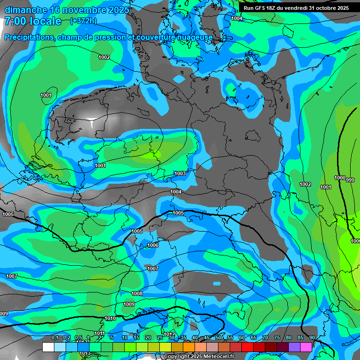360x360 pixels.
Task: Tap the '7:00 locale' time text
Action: pyautogui.click(x=33, y=21)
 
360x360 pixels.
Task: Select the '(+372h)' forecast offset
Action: pyautogui.click(x=83, y=21)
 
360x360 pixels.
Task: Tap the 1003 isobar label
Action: pyautogui.click(x=180, y=173)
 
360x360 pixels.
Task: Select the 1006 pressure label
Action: pyautogui.click(x=153, y=245)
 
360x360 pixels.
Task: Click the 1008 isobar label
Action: pyautogui.click(x=137, y=293)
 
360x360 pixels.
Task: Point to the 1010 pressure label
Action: pyautogui.click(x=110, y=318)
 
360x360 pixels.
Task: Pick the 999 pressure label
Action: pyautogui.click(x=350, y=180)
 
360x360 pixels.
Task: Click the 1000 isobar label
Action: pyautogui.click(x=339, y=178)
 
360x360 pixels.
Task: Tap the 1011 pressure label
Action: pyautogui.click(x=99, y=333)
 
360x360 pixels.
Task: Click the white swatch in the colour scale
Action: pyautogui.click(x=48, y=347)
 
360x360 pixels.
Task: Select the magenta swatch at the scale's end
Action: pyautogui.click(x=306, y=347)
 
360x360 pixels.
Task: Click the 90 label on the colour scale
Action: pyautogui.click(x=312, y=337)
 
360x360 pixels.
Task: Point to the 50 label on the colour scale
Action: pyautogui.click(x=218, y=337)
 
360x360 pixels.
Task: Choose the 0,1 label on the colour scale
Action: pyautogui.click(x=54, y=337)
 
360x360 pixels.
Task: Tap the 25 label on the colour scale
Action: pyautogui.click(x=160, y=337)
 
